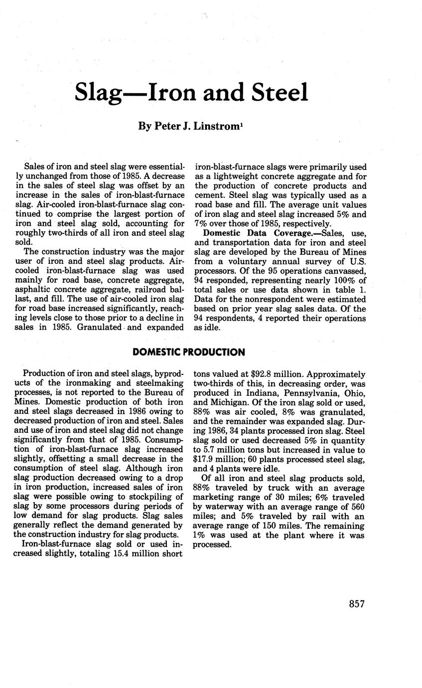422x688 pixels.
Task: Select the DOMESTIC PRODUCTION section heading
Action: [189, 352]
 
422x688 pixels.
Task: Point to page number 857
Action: [357, 604]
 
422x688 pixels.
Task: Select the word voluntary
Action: [235, 261]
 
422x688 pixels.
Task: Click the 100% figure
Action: [339, 280]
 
